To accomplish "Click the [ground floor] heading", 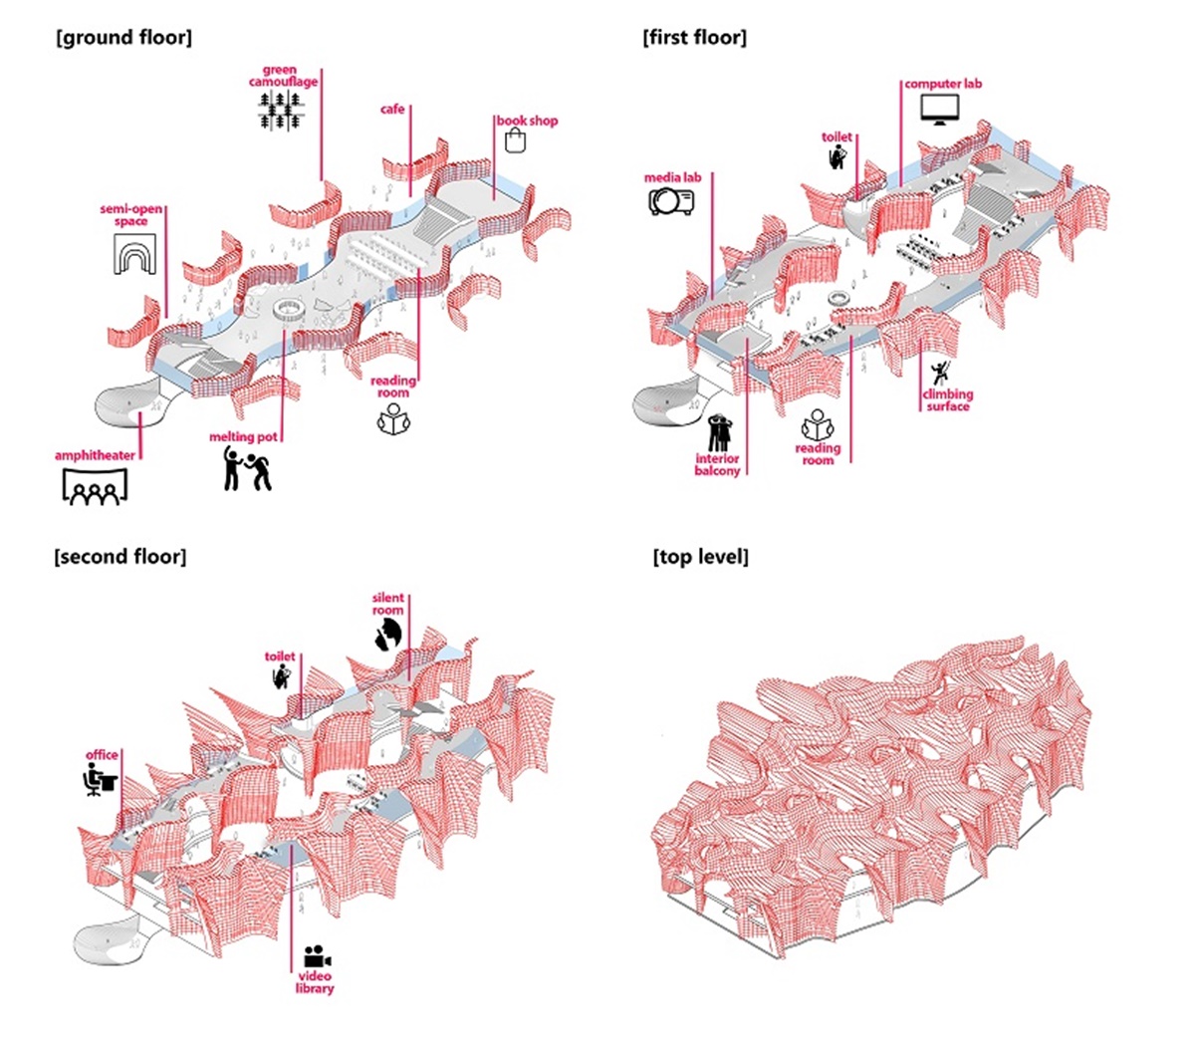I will coord(124,38).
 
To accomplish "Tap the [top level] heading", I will coord(700,557).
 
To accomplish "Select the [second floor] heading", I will coord(119,556).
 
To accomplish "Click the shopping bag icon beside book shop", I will coord(515,140).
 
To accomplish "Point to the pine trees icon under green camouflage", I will coord(280,112).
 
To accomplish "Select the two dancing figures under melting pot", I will coord(246,467).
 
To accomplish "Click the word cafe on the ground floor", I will coord(392,109).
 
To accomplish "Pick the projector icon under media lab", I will coord(671,201).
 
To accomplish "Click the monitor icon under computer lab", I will coord(938,108).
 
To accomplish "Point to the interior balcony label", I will coord(717,464).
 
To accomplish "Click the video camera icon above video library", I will coord(317,957).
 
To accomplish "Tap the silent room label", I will coord(388,604).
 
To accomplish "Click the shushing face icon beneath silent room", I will coord(387,634).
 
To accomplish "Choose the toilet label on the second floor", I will coord(280,656).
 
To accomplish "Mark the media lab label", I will coord(672,177).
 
